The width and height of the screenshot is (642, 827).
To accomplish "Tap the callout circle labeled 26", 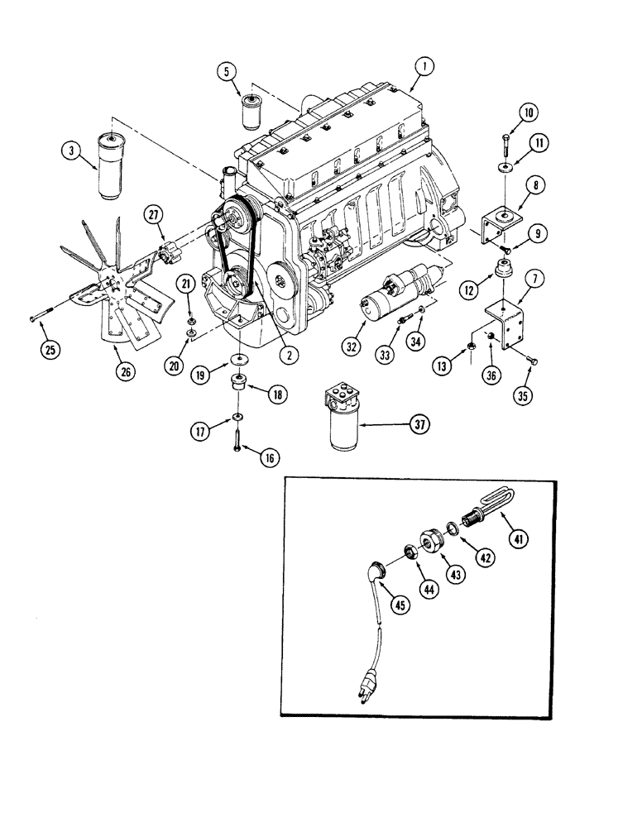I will pyautogui.click(x=124, y=371).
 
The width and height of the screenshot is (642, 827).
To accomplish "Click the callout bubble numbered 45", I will pyautogui.click(x=400, y=606).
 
